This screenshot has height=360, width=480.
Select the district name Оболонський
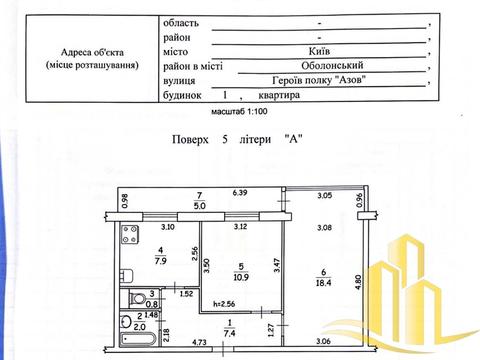pyautogui.click(x=322, y=64)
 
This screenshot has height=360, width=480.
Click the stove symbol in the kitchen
pyautogui.click(x=131, y=238)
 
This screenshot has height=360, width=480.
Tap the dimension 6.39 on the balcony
pyautogui.click(x=240, y=192)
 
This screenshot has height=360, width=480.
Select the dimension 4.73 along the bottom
pyautogui.click(x=172, y=343)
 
